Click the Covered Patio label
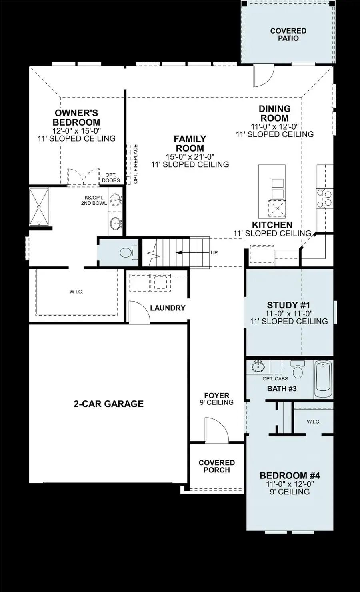click(x=288, y=34)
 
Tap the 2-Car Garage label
click(x=108, y=404)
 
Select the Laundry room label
click(x=168, y=308)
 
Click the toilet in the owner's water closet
click(x=128, y=253)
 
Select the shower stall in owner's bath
click(x=39, y=207)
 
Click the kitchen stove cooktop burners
click(x=324, y=198)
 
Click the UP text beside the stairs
click(x=214, y=253)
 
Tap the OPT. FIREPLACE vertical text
click(x=136, y=164)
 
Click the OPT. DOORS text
click(x=111, y=178)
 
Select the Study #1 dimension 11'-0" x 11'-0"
click(x=288, y=314)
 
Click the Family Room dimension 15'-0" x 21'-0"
click(x=190, y=156)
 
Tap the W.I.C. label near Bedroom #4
click(x=314, y=422)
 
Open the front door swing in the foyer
click(x=216, y=430)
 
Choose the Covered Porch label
click(x=216, y=466)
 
